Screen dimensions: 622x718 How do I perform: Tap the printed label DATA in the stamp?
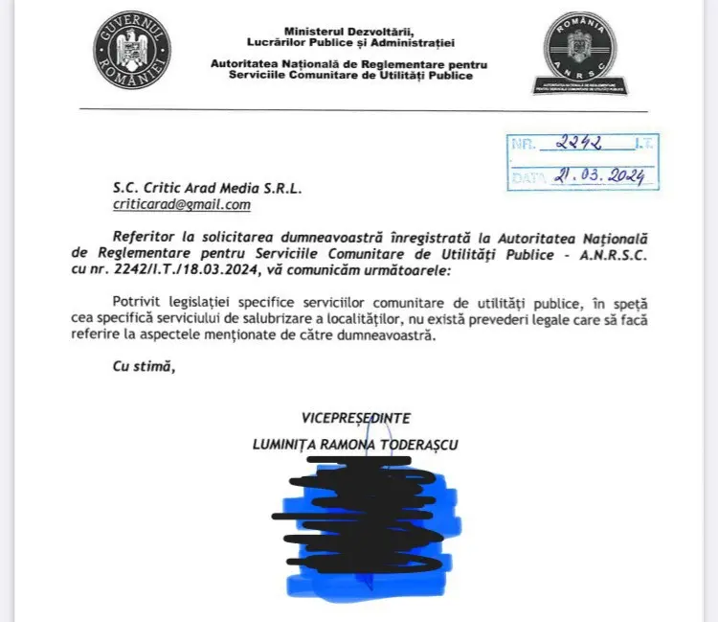[x=527, y=178]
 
